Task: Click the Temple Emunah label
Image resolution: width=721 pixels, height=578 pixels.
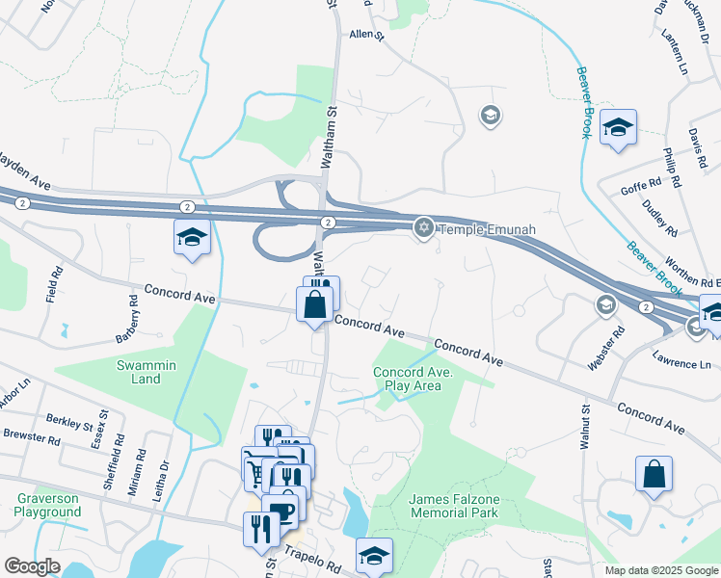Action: pyautogui.click(x=486, y=229)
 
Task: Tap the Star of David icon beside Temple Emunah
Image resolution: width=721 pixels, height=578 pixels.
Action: pyautogui.click(x=422, y=228)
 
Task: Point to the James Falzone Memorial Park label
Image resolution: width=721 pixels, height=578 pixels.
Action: pyautogui.click(x=453, y=506)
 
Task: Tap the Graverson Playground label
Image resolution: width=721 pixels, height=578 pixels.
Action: pyautogui.click(x=48, y=506)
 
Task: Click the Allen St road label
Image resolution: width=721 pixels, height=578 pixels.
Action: pyautogui.click(x=366, y=35)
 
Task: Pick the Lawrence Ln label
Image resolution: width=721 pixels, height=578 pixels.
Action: pyautogui.click(x=681, y=364)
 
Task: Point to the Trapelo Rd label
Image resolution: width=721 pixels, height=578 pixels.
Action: pyautogui.click(x=313, y=560)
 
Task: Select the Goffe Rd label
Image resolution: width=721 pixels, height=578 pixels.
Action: pyautogui.click(x=641, y=185)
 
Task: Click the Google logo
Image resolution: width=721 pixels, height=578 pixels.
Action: pyautogui.click(x=32, y=566)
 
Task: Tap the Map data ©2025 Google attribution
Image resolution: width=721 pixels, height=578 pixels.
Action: pyautogui.click(x=660, y=570)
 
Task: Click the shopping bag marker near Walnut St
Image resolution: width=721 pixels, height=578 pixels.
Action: pyautogui.click(x=654, y=474)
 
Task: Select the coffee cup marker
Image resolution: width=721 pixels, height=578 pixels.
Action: pyautogui.click(x=280, y=511)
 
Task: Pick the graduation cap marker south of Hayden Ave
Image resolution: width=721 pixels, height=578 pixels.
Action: pyautogui.click(x=192, y=236)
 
